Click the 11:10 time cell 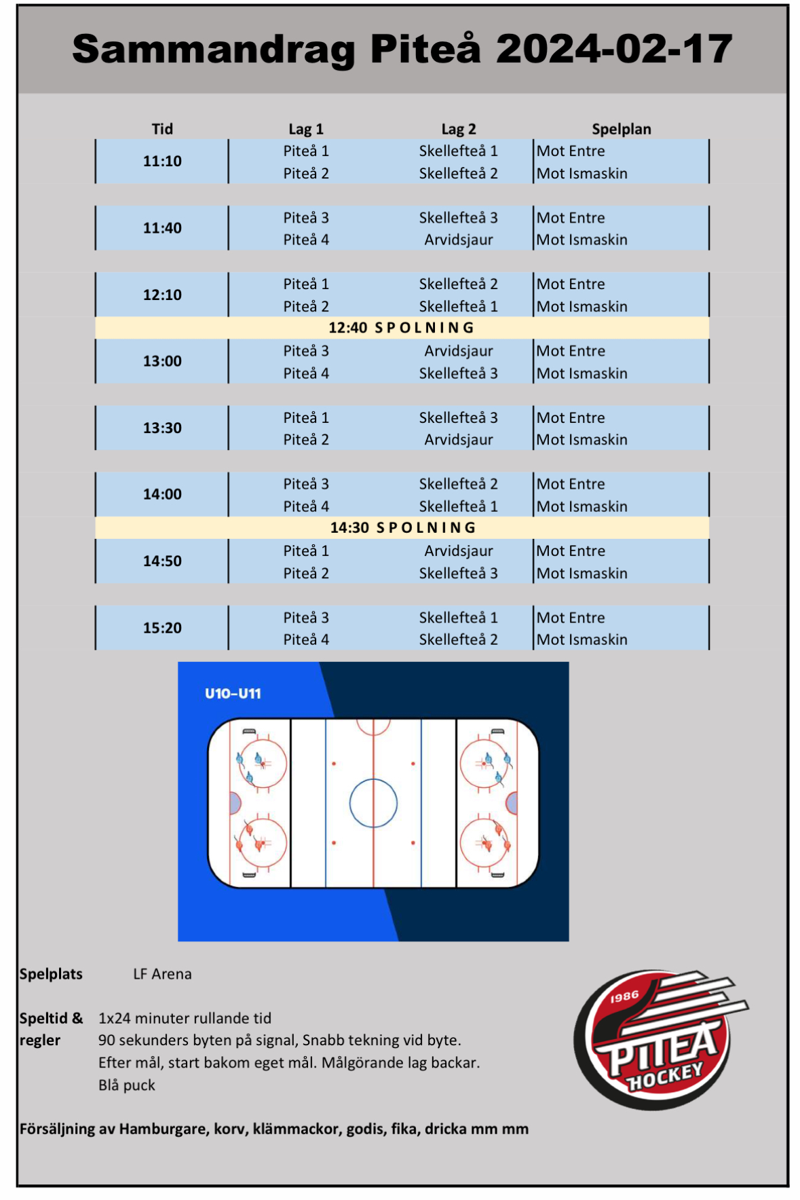click(x=162, y=162)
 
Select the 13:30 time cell click(x=162, y=428)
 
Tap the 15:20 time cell click(x=162, y=628)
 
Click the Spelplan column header click(x=621, y=129)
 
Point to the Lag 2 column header click(x=459, y=129)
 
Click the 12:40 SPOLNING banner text click(x=401, y=328)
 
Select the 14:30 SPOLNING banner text click(x=403, y=527)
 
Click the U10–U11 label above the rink click(x=233, y=694)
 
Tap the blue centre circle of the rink click(x=373, y=803)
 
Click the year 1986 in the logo click(x=624, y=996)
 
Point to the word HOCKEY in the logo click(x=665, y=1076)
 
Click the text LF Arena click(x=162, y=974)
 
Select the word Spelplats click(x=51, y=974)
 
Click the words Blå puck click(x=127, y=1085)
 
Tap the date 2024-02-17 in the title click(x=614, y=49)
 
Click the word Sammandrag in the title click(x=213, y=49)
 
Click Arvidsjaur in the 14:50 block click(x=459, y=551)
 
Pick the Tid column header click(x=162, y=129)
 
